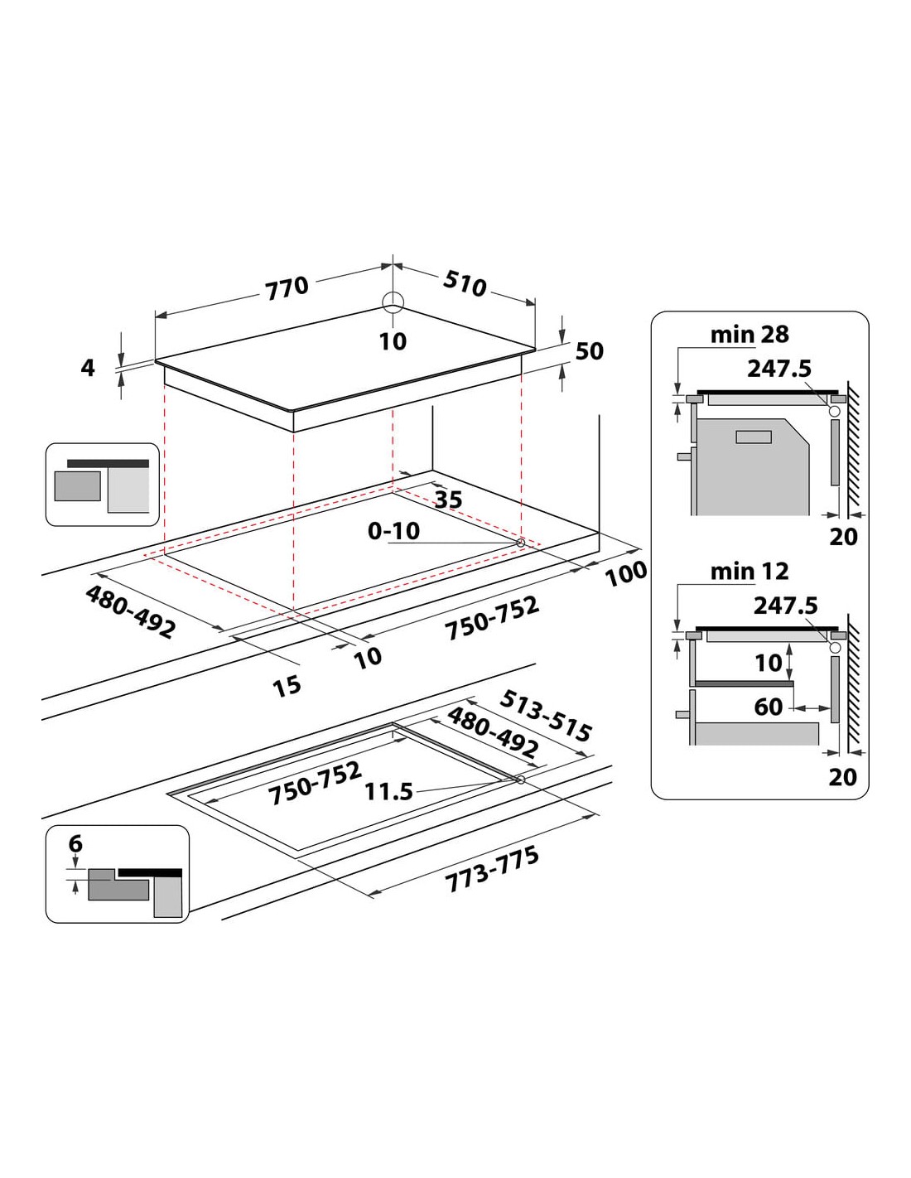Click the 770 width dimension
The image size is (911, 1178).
pos(287,287)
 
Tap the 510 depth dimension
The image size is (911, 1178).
pos(465,283)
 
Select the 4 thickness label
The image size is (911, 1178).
pos(87,368)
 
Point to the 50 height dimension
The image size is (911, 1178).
pos(589,351)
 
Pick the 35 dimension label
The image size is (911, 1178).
pos(449,500)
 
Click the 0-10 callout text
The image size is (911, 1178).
pos(393,531)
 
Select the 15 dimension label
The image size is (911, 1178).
pos(287,686)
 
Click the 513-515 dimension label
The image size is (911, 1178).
pos(544,716)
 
